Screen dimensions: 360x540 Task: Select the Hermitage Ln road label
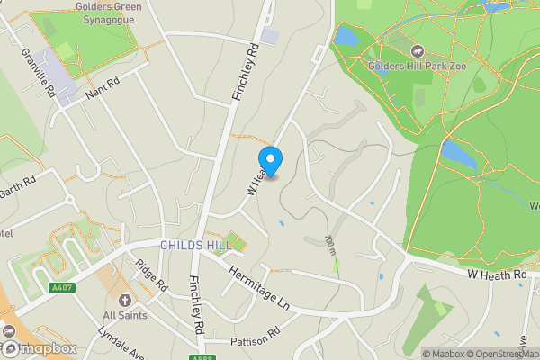click(262, 285)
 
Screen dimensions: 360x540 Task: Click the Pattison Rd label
click(256, 343)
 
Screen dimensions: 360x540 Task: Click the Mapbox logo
click(40, 348)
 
